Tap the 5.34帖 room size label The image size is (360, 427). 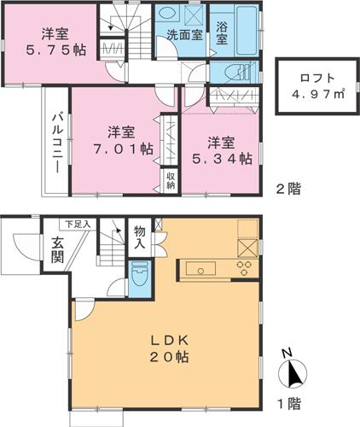point(222,157)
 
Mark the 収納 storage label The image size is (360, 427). point(171,181)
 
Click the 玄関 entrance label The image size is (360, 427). point(57,249)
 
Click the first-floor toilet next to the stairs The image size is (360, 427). point(140,275)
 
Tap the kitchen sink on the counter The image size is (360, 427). point(203,270)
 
